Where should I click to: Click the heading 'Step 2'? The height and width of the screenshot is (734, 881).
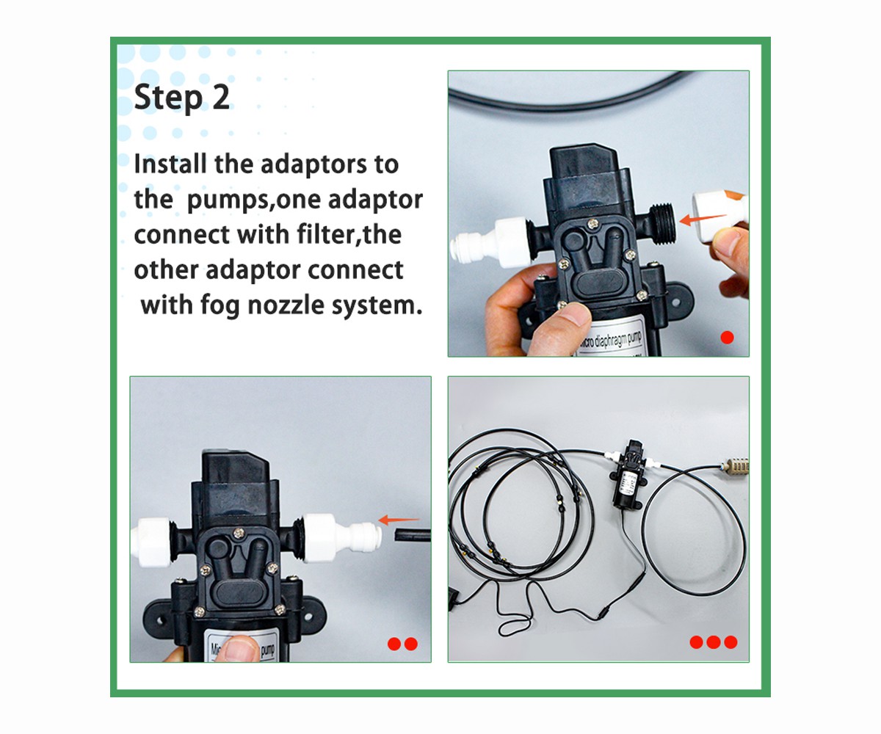point(182,97)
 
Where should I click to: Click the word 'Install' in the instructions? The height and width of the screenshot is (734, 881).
point(170,164)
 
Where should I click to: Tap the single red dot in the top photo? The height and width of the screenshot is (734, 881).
point(727,337)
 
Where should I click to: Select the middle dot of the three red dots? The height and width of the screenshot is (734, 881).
point(714,642)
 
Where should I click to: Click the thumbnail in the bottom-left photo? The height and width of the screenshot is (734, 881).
point(239,647)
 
